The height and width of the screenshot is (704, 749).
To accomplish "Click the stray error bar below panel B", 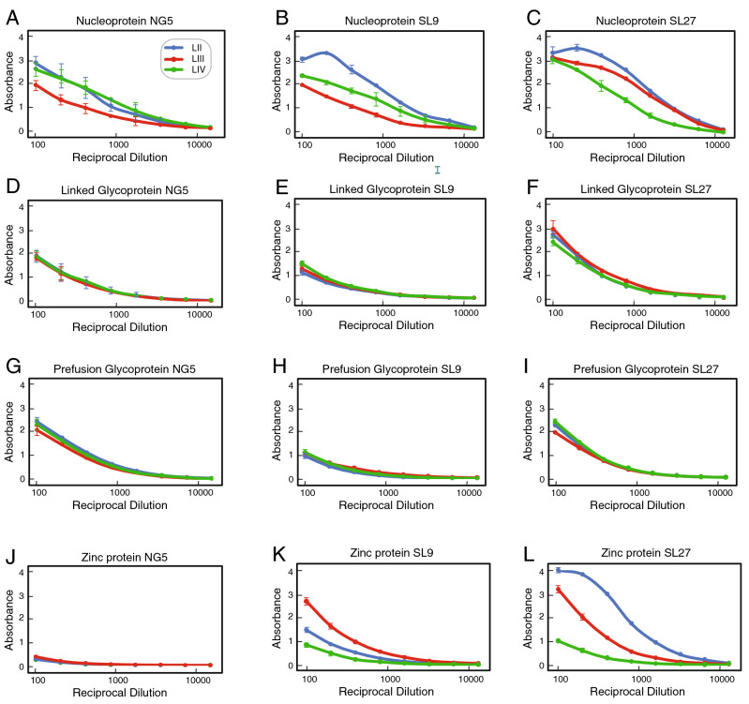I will [436, 170].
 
